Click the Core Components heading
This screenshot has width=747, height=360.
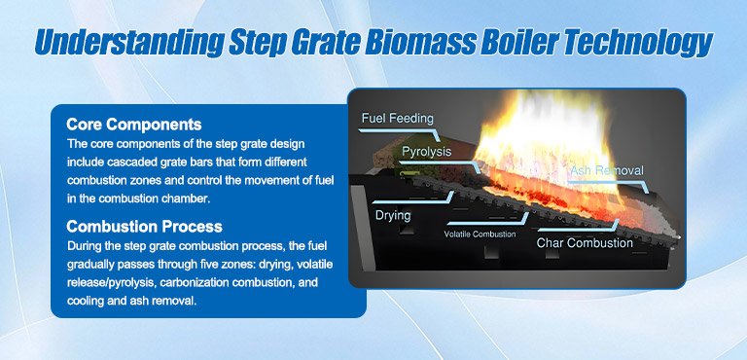(x=134, y=125)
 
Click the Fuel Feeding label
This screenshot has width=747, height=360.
(x=398, y=119)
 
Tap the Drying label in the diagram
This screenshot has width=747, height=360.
(x=394, y=215)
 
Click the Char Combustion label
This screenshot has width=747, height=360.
(x=585, y=242)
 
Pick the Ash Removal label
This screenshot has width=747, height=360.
(x=606, y=172)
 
